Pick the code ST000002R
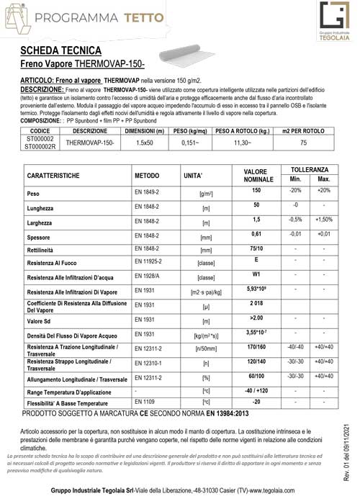[40, 147]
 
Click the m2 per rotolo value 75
[303, 143]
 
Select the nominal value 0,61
[256, 234]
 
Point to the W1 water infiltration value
[256, 274]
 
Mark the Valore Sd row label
[42, 321]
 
